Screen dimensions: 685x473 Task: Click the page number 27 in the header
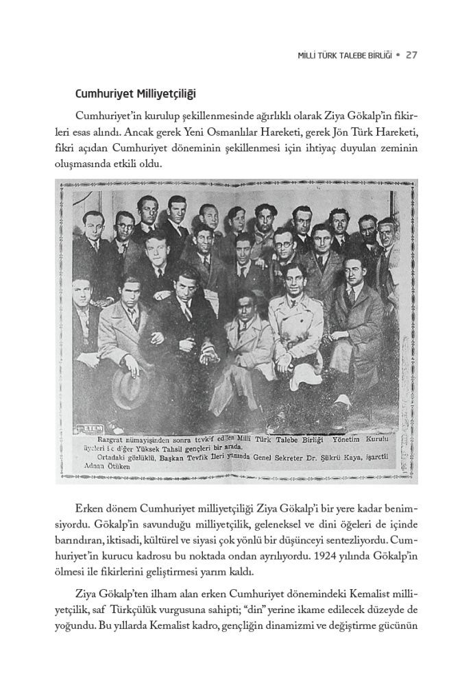[411, 55]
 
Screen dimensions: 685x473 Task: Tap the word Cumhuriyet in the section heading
[104, 93]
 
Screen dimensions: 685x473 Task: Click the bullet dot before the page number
[397, 55]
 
